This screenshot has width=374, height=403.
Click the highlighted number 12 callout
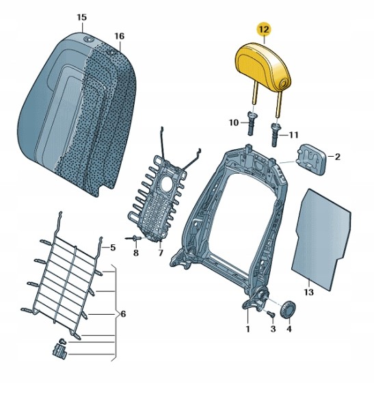(x=264, y=29)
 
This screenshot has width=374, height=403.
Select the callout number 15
(x=81, y=18)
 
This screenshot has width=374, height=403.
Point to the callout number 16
(x=119, y=36)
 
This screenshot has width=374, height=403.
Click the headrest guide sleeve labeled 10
(x=251, y=123)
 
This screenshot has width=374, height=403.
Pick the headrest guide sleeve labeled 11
(x=275, y=134)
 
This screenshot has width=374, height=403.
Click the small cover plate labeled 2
(x=311, y=159)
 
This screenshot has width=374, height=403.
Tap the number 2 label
(x=338, y=157)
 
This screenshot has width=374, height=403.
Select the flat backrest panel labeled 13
(x=321, y=239)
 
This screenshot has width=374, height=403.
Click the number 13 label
(x=308, y=292)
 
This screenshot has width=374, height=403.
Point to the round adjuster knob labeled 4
(x=289, y=309)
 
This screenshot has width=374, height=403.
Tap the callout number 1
(x=248, y=328)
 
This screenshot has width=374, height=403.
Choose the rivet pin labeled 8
(x=133, y=239)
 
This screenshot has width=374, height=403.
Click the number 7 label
(x=161, y=253)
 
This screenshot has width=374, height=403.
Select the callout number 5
(x=113, y=248)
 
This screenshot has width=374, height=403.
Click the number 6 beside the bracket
(x=123, y=314)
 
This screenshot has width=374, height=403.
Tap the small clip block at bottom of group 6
(x=60, y=351)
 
